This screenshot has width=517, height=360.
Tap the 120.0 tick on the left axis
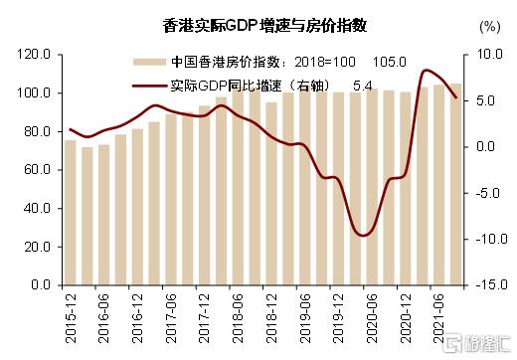[34, 54]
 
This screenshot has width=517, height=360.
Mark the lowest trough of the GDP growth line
[366, 235]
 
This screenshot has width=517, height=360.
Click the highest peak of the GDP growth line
[428, 71]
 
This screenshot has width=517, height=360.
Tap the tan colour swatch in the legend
[152, 63]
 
